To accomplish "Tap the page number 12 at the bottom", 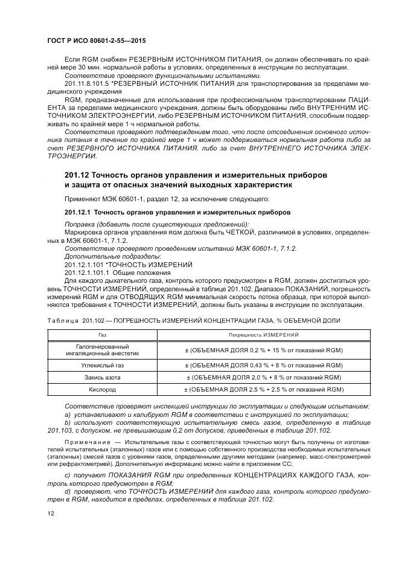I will point(51,513).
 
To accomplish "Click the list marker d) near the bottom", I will point(68,491).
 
